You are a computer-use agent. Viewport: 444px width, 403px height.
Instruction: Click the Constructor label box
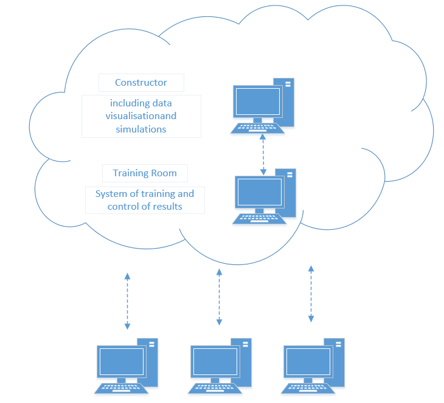coord(141,83)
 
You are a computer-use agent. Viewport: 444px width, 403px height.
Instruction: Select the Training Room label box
coord(145,173)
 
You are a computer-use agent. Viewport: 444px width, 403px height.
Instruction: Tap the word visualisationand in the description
coord(141,115)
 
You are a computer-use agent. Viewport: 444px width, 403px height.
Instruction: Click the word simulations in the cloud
coord(141,129)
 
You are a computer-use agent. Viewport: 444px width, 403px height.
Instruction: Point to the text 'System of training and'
coord(145,194)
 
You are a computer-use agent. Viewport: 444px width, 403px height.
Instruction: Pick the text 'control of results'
coord(145,207)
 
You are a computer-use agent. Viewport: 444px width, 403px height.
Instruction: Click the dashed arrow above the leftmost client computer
coord(127,301)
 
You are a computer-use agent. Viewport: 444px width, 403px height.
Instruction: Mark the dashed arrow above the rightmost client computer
coord(311,293)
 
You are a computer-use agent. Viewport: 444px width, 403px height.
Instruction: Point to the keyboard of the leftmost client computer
coord(120,388)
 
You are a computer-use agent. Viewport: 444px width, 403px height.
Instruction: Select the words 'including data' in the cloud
coord(141,103)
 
